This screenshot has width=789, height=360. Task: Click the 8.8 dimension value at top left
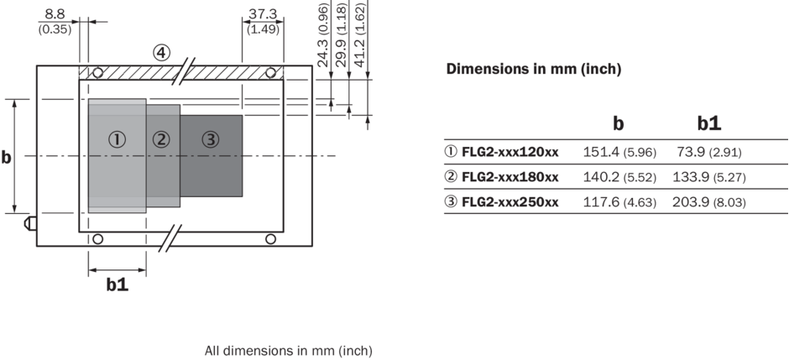click(x=54, y=13)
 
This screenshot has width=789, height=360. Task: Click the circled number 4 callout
click(x=161, y=53)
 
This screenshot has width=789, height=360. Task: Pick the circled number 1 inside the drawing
click(x=118, y=139)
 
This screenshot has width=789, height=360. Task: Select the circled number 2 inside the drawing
click(x=162, y=139)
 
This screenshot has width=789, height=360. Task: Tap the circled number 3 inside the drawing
click(x=210, y=139)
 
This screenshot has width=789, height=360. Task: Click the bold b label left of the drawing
click(x=7, y=157)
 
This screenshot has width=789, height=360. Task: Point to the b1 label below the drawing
click(x=117, y=285)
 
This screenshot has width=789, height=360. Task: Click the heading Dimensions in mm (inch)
click(x=533, y=70)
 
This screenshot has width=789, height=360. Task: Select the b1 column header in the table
click(x=708, y=123)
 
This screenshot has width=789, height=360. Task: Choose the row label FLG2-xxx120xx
click(x=509, y=153)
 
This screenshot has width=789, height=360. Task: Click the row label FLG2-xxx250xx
click(x=509, y=202)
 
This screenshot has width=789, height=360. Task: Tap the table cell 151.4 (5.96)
click(x=619, y=153)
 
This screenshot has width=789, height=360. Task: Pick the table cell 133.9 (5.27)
click(x=708, y=178)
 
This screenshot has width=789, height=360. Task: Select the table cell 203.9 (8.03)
click(x=708, y=202)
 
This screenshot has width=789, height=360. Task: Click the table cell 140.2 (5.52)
click(x=619, y=178)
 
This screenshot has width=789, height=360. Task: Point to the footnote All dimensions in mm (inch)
click(x=288, y=351)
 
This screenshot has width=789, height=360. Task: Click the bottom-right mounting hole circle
click(x=270, y=239)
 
